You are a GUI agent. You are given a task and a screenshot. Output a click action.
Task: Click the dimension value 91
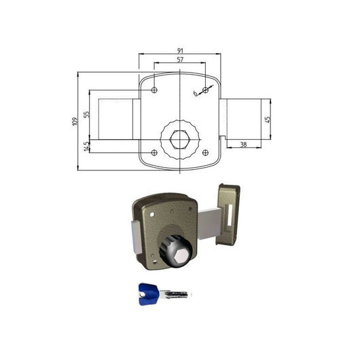[x=180, y=50]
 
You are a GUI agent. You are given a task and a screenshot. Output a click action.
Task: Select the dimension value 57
[x=180, y=60]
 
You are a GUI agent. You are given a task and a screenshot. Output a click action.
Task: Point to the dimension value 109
[x=75, y=121]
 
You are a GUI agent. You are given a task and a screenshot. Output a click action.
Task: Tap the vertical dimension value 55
[x=86, y=114]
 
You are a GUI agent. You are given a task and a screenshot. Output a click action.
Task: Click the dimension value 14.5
[x=86, y=146]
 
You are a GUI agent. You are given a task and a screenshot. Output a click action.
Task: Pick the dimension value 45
[x=268, y=120]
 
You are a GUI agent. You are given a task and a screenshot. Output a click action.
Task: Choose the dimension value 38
[x=243, y=145]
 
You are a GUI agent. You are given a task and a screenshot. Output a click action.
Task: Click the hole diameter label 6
[x=195, y=93]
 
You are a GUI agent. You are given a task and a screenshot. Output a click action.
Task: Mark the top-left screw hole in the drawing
[x=154, y=90]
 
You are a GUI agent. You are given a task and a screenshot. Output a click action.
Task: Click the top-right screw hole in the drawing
[x=206, y=90]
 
